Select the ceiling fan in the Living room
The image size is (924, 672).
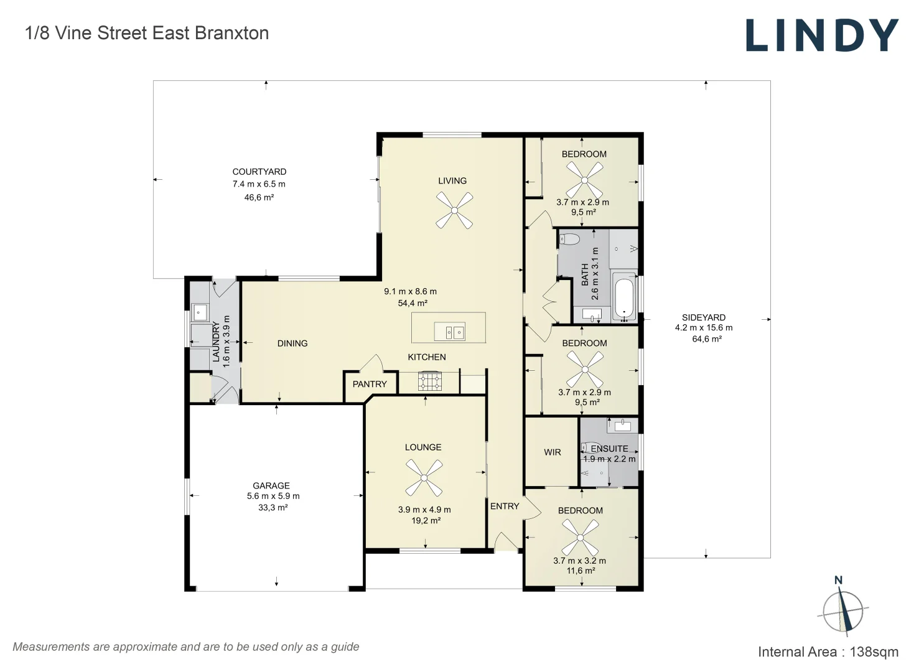pos(454,210)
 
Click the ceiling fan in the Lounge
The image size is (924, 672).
pos(424,478)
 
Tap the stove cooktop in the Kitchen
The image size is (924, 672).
pos(430,381)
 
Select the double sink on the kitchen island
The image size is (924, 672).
pos(450,332)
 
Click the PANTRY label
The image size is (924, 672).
pos(370,384)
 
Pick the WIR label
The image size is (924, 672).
pos(553,452)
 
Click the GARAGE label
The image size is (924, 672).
pos(271,485)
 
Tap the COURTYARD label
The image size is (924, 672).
pos(259,172)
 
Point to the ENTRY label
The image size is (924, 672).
pos(505,506)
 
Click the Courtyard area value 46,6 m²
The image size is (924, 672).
pos(259,197)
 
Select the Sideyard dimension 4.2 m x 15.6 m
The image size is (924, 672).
pos(704,328)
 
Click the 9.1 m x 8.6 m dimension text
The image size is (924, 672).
pos(411,291)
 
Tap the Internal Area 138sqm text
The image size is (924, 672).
pos(828,652)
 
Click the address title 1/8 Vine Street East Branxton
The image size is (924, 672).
pos(147,33)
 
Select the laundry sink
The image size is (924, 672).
pos(200,312)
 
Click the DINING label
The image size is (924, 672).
pos(292,343)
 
